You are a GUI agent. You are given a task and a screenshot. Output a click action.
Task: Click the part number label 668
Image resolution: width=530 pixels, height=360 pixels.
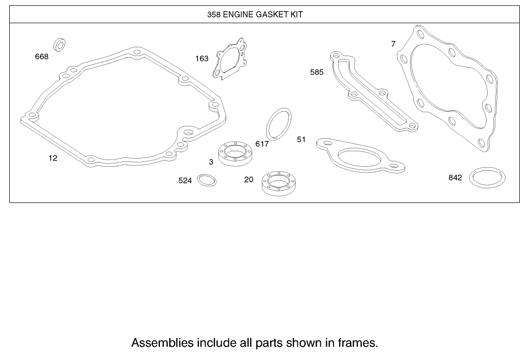click(x=42, y=57)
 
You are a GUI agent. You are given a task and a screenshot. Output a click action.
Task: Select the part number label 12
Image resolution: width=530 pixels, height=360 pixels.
click(x=53, y=158)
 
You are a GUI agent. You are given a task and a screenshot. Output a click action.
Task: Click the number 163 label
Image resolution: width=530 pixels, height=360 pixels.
click(x=202, y=59)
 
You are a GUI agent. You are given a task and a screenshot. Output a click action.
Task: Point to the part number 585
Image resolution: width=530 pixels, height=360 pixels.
click(x=317, y=72)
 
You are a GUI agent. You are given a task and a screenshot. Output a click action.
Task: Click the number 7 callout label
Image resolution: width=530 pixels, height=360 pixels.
click(x=393, y=44)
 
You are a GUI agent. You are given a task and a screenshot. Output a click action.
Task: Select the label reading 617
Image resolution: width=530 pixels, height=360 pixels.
click(x=262, y=144)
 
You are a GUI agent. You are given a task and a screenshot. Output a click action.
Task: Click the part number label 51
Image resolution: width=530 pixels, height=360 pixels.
click(x=301, y=140)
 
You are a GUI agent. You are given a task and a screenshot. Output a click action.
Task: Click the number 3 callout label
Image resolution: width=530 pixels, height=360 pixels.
click(x=211, y=162)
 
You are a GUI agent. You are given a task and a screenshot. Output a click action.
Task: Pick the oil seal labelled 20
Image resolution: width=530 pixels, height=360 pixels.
click(x=277, y=184)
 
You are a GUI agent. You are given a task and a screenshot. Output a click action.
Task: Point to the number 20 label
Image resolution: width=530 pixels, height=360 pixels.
click(x=249, y=180)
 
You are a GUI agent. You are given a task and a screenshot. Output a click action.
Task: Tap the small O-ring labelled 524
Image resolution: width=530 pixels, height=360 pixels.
click(x=207, y=180)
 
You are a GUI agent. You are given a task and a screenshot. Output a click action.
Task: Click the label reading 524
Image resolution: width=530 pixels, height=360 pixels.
click(x=185, y=181)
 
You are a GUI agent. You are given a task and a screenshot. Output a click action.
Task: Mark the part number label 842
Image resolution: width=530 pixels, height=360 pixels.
click(x=455, y=178)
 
